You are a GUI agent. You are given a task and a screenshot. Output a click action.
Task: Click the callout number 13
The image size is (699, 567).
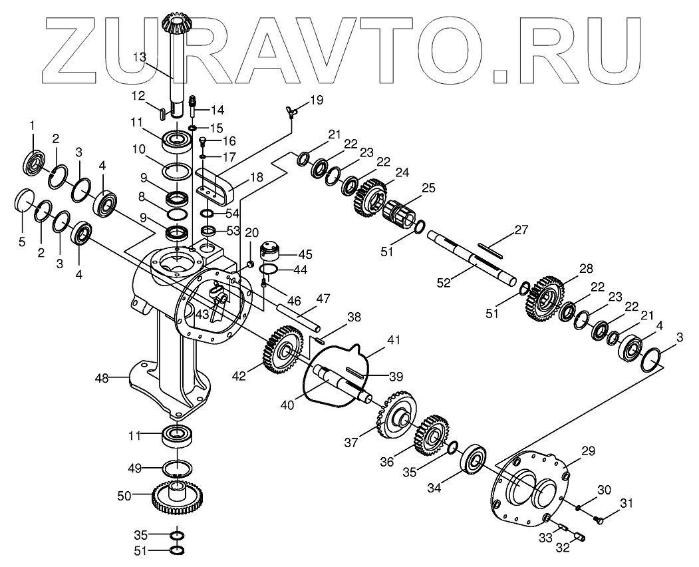[x=138, y=57]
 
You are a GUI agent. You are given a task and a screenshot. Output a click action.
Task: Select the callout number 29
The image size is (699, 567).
[x=588, y=451]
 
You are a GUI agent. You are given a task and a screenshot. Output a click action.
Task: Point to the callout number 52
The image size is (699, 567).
[x=444, y=282]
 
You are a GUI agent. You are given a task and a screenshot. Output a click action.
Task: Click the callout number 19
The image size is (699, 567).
[x=317, y=100]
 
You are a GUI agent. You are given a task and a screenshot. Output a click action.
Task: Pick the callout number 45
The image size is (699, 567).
[x=305, y=254]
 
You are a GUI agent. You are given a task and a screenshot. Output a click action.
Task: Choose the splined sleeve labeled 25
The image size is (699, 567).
[x=399, y=212]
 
